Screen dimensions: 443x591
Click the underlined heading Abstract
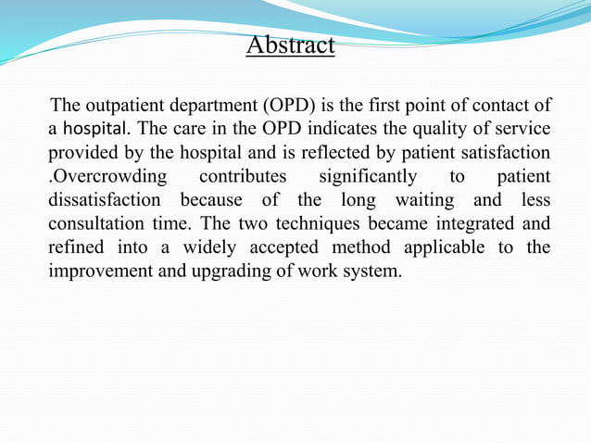pyautogui.click(x=290, y=44)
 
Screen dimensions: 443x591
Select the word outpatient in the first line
pyautogui.click(x=125, y=103)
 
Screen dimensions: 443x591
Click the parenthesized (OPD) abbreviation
pyautogui.click(x=294, y=103)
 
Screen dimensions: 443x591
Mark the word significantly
pyautogui.click(x=367, y=175)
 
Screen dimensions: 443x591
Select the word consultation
pyautogui.click(x=94, y=223)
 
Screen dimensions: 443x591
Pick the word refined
pyautogui.click(x=76, y=247)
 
